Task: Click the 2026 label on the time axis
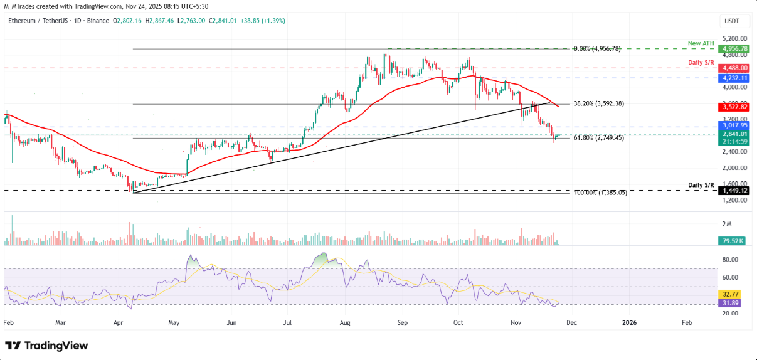(629, 322)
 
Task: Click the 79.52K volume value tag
(731, 241)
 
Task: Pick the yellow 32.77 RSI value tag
(728, 293)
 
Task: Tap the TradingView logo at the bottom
(46, 346)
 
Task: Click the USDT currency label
(731, 21)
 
